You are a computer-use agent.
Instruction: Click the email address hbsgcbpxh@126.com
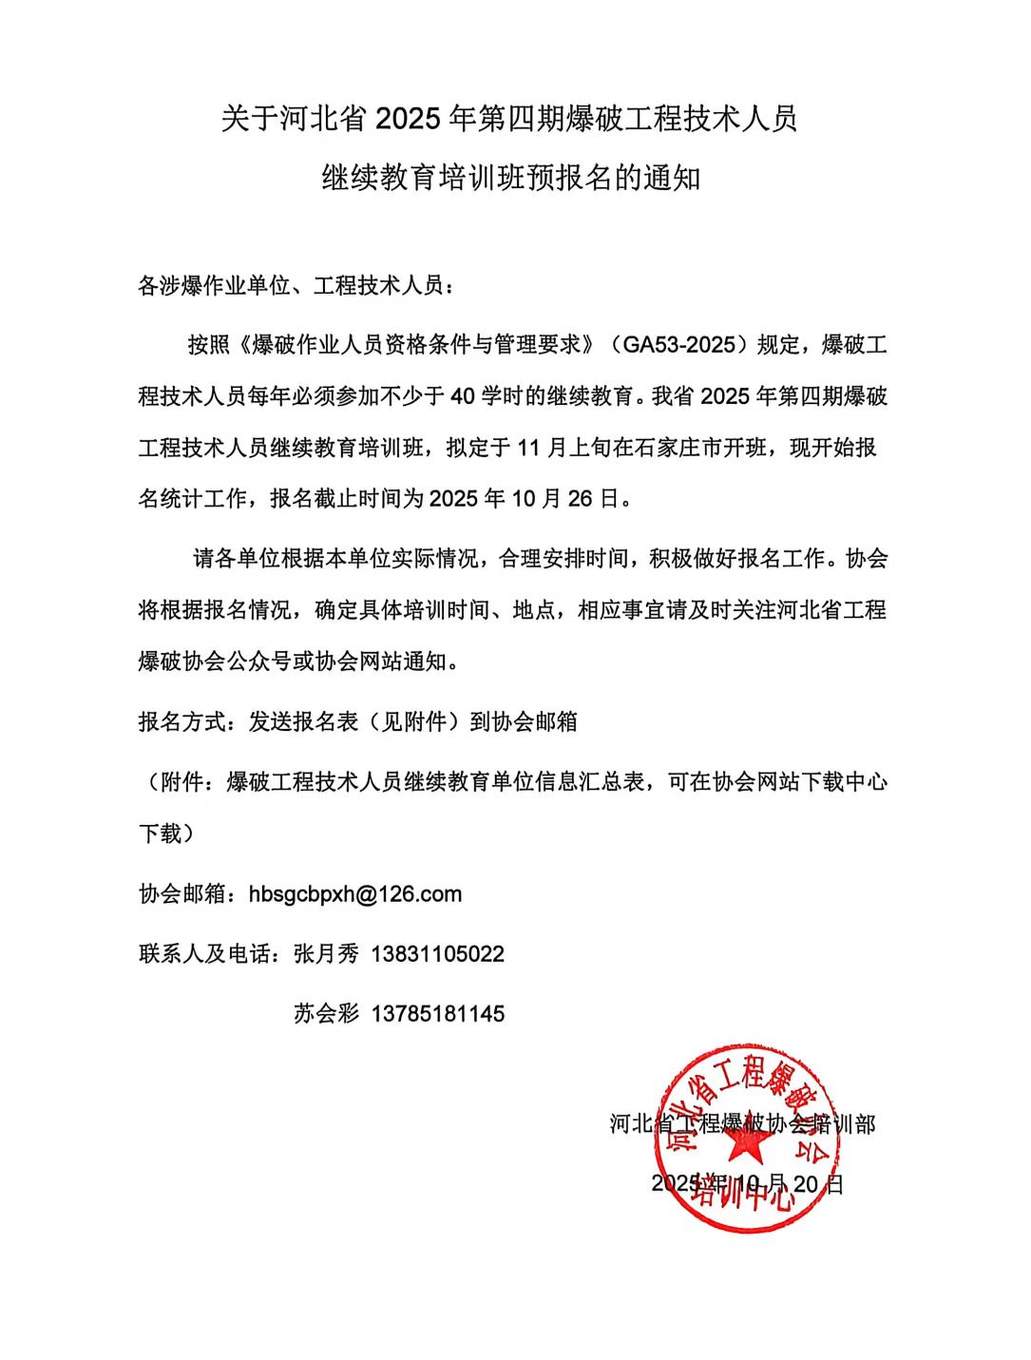point(355,894)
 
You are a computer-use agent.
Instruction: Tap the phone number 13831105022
point(437,953)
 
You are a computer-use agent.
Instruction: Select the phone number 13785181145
point(437,1013)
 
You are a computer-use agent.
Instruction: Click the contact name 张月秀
point(326,953)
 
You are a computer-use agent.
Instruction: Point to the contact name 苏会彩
point(326,1013)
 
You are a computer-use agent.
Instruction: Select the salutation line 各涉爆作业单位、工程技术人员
point(296,285)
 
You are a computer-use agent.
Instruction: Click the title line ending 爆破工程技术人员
point(509,120)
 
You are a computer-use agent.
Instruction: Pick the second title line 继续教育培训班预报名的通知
point(511,178)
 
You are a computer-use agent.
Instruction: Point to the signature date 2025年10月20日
point(747,1183)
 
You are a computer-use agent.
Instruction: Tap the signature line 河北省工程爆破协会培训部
point(742,1124)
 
